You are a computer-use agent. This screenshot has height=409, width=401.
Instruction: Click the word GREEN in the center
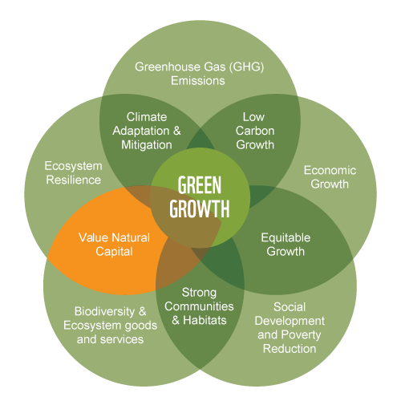pos(200,185)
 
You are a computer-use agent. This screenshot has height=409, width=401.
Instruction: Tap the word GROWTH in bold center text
pos(200,209)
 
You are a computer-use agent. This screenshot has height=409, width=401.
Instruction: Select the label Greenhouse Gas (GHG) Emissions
pos(199,74)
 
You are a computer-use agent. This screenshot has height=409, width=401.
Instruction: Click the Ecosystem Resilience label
pos(74,173)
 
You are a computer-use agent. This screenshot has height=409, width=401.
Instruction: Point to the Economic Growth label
pos(330,177)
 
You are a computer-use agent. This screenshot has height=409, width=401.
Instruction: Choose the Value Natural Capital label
pos(114,245)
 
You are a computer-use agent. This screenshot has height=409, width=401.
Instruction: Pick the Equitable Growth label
pos(286,245)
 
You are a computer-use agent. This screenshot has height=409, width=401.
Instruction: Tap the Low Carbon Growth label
pos(255,131)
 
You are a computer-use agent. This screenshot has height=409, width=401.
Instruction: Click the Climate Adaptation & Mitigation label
pos(147,131)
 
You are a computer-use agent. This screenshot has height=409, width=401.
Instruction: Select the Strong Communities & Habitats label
pos(199,306)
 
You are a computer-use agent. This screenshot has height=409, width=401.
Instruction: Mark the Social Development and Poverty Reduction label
pos(290,328)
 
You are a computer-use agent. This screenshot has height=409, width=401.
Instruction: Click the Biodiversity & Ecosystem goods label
pos(110,318)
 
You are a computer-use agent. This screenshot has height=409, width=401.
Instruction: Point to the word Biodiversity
pos(104,312)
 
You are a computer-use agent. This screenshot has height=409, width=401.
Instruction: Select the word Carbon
pos(255,131)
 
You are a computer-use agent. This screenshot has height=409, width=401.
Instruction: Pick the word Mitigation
pos(147,145)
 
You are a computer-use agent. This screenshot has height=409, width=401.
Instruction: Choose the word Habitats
pos(205,320)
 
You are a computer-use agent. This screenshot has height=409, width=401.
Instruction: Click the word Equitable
pos(286,238)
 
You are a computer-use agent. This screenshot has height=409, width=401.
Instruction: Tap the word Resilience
pos(74,180)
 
